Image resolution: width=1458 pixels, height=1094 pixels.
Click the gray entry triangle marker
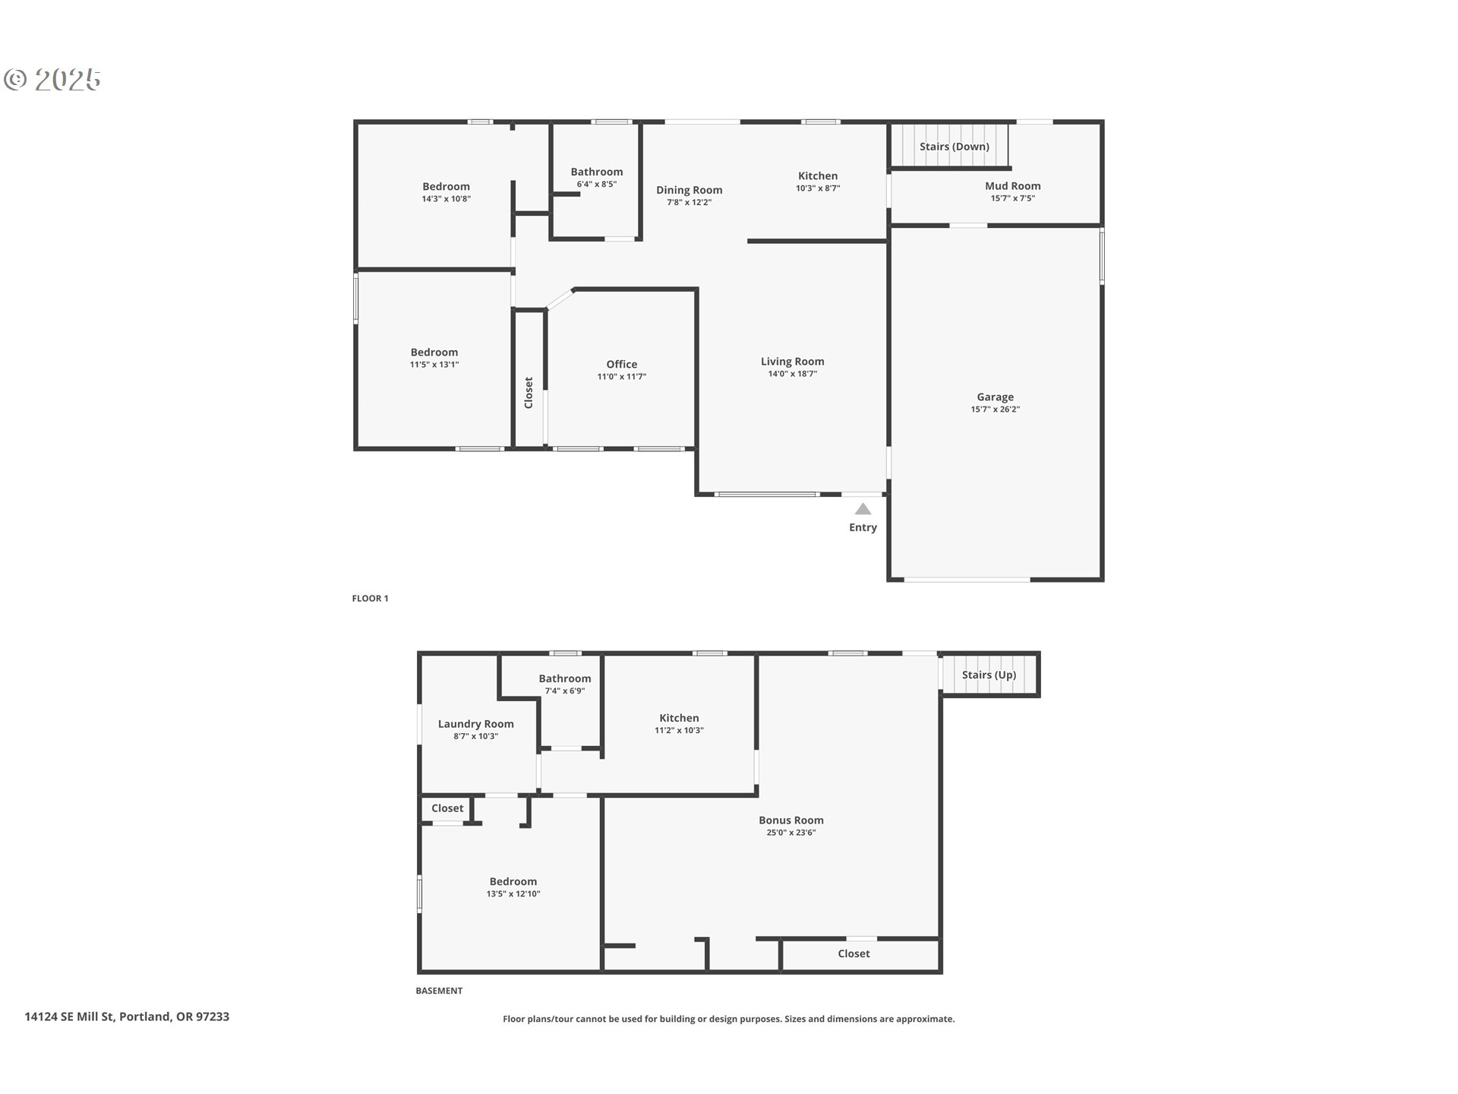(x=863, y=509)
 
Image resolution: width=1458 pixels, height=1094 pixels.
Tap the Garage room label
(x=995, y=397)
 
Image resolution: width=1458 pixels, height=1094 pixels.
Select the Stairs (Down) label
(x=955, y=147)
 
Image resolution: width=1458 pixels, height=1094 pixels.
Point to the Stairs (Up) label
(x=989, y=675)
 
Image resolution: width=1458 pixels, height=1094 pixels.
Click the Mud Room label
(x=1013, y=185)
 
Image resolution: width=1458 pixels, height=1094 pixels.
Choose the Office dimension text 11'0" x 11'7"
(x=622, y=377)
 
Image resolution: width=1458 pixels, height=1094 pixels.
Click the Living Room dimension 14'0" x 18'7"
(x=793, y=374)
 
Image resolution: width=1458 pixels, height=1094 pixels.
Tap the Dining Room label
(x=690, y=191)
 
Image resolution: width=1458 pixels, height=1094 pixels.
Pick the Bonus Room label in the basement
(x=791, y=820)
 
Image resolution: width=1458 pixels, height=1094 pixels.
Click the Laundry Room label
(x=476, y=724)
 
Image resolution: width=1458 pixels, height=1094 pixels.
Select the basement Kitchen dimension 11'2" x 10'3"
(x=680, y=731)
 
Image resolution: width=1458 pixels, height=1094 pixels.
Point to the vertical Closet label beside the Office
(x=529, y=393)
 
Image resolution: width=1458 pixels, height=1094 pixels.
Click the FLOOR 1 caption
(x=370, y=599)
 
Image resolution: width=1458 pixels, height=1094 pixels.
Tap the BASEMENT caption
(x=439, y=991)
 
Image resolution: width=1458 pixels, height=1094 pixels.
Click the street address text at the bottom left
(x=127, y=1017)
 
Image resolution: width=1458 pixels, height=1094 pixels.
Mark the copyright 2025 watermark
(x=52, y=80)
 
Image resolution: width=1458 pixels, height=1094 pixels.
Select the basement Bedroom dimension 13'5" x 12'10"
(x=513, y=894)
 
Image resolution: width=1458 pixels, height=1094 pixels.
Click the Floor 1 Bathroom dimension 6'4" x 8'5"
(x=597, y=184)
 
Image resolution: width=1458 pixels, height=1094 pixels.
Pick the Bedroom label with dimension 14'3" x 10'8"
(x=447, y=186)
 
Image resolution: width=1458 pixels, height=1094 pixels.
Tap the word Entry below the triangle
(x=863, y=528)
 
